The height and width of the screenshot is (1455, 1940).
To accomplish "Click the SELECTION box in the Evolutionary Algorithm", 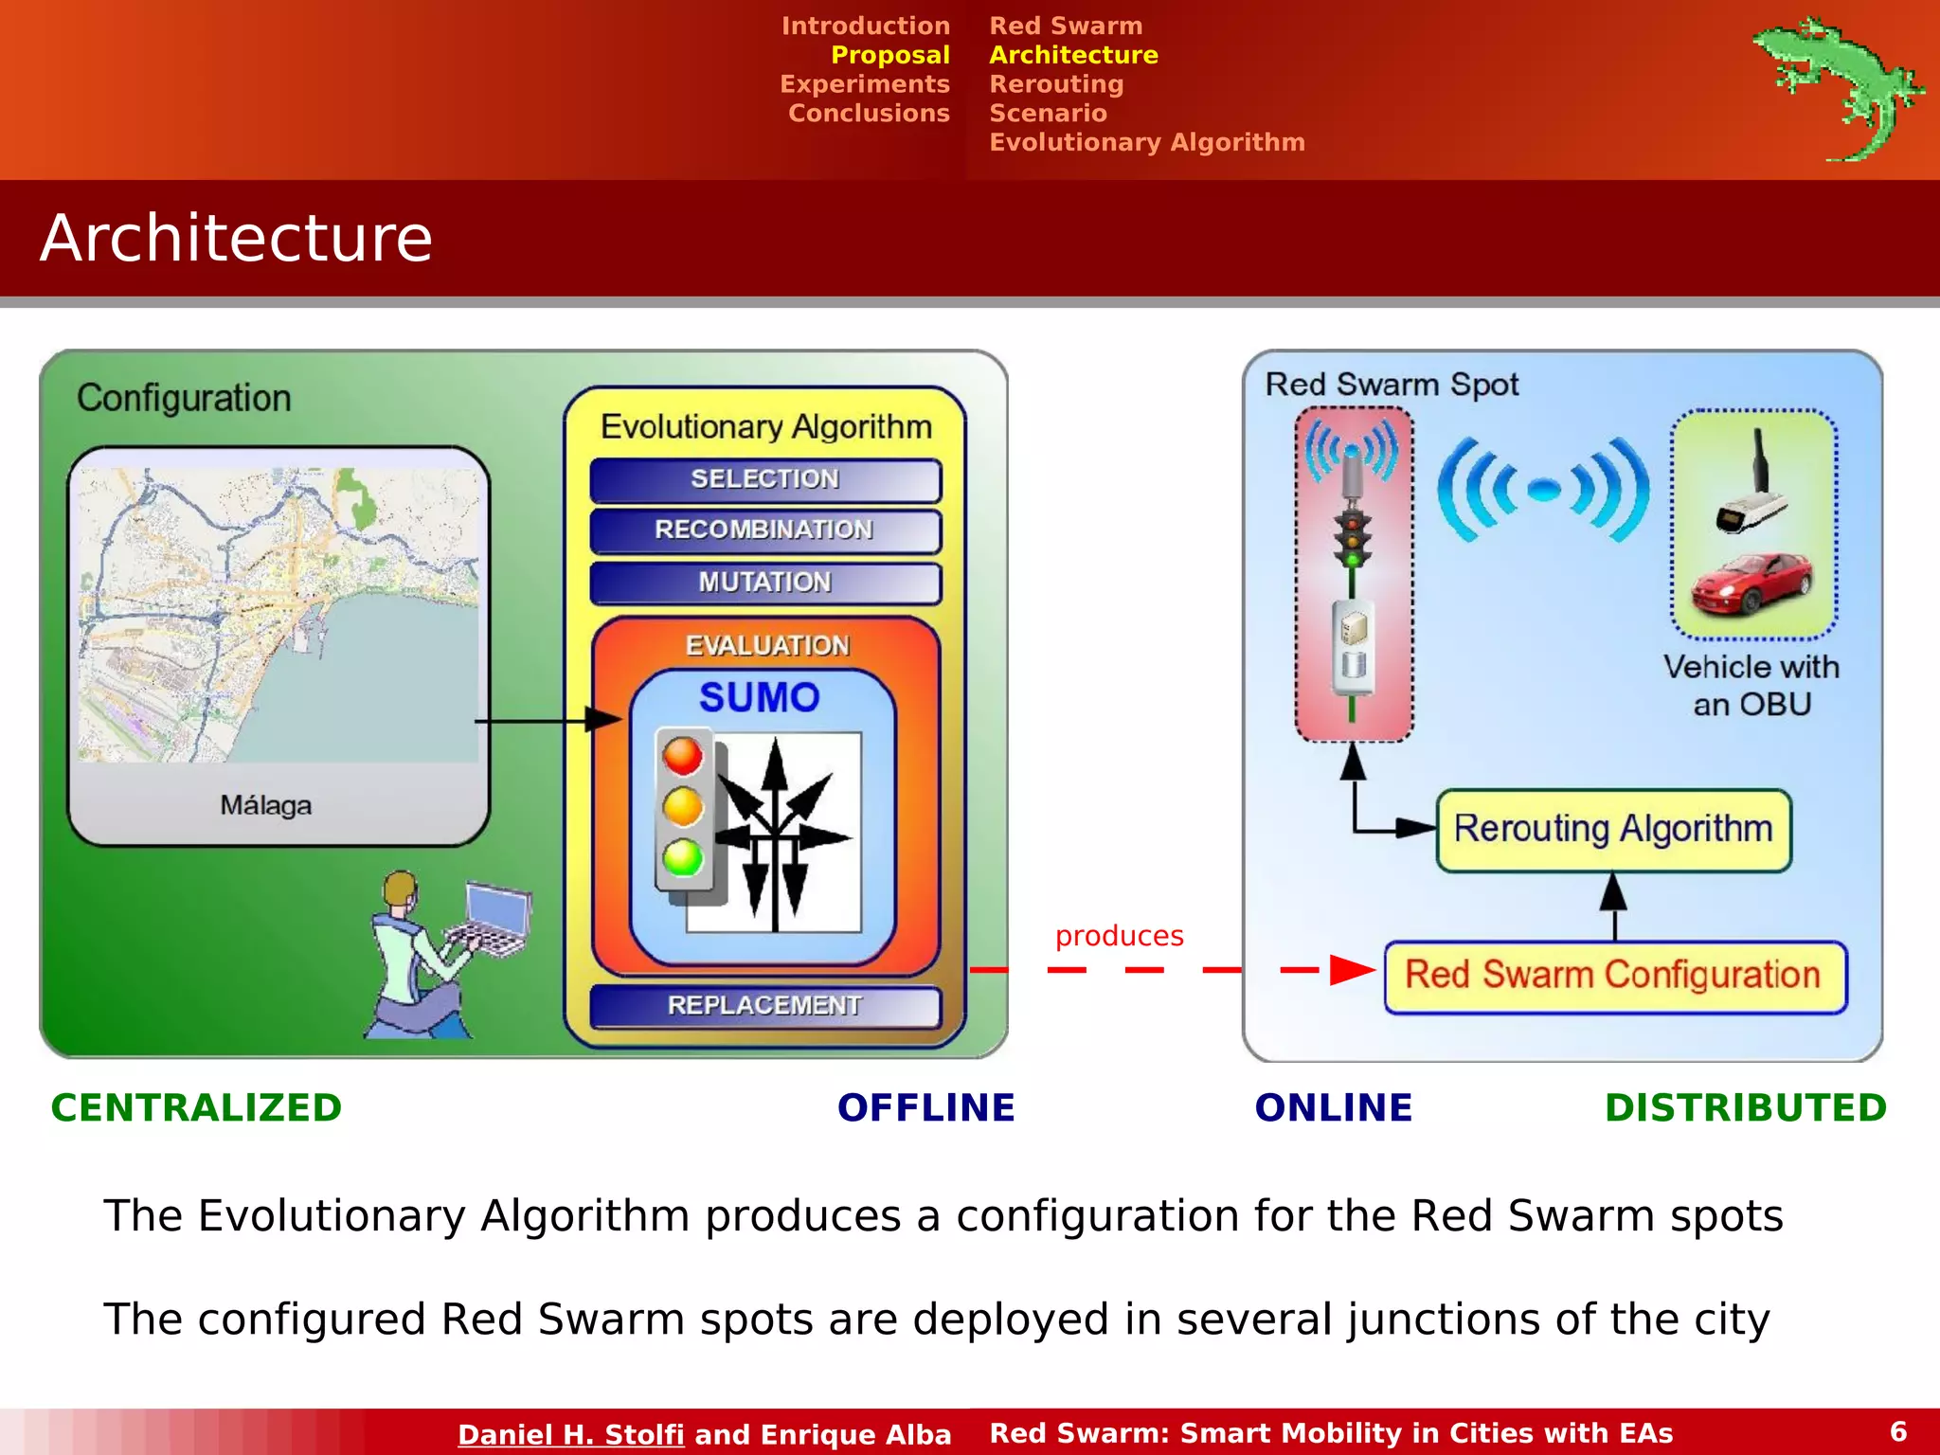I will click(x=764, y=479).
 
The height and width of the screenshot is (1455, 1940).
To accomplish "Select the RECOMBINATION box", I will click(x=764, y=530).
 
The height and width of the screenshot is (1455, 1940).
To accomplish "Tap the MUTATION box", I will click(x=764, y=583).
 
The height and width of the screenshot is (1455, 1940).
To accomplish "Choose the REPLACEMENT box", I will click(x=764, y=1006).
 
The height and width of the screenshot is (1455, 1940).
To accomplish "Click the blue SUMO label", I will click(x=760, y=698).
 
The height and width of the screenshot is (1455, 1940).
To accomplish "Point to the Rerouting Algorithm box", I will click(x=1613, y=830).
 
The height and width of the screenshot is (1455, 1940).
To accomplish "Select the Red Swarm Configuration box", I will click(x=1613, y=976).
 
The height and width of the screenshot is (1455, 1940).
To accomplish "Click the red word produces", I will click(x=1119, y=936).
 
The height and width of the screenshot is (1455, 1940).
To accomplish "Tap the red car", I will click(x=1752, y=584).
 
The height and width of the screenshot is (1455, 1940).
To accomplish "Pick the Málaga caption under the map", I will click(x=266, y=806).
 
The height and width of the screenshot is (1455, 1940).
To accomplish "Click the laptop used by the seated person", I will click(x=493, y=919).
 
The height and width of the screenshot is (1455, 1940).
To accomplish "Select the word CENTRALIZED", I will click(x=196, y=1108).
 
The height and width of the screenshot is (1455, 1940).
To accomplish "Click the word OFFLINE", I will click(x=925, y=1108).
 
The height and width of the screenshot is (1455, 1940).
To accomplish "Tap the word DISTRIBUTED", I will click(x=1745, y=1108).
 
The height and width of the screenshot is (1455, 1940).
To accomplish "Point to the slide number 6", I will click(x=1898, y=1431).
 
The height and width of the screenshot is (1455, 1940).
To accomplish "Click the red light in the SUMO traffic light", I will click(x=683, y=757).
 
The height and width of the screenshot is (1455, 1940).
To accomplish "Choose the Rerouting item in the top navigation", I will click(x=1056, y=84).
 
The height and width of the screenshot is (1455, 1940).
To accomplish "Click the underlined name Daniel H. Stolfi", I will click(x=570, y=1434).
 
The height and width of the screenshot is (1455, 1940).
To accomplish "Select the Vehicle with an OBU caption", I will click(x=1751, y=686).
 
